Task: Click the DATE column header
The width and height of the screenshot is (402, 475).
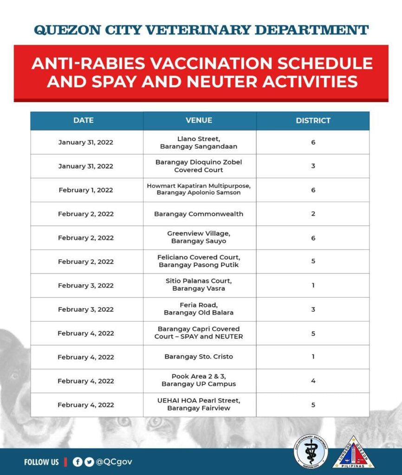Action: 84,121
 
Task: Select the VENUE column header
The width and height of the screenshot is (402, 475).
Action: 199,121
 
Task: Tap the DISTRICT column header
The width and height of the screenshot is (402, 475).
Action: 313,121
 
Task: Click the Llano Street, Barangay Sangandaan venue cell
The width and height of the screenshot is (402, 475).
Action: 199,142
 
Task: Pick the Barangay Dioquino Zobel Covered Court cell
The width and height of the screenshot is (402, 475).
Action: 199,166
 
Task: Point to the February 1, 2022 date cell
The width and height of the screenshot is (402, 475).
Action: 86,190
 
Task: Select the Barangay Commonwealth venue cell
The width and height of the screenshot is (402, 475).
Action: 199,214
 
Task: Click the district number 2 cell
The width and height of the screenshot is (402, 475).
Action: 313,214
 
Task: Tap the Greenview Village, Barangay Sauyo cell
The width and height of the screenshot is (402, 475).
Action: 199,237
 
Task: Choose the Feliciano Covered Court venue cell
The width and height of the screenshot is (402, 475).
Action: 199,261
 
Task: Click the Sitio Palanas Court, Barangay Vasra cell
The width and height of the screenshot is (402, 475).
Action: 199,285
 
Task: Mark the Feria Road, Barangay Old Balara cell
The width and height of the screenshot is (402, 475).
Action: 199,309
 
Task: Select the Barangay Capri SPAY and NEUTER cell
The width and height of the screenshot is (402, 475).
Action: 199,333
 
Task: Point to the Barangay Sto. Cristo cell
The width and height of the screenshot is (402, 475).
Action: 199,357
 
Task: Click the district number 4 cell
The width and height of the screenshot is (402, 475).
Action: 313,381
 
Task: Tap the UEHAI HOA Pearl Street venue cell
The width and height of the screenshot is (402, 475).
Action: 199,404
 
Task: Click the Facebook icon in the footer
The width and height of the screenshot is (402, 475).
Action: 78,462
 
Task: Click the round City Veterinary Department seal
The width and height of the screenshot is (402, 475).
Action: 311,451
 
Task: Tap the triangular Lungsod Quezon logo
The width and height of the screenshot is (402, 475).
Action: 353,453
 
